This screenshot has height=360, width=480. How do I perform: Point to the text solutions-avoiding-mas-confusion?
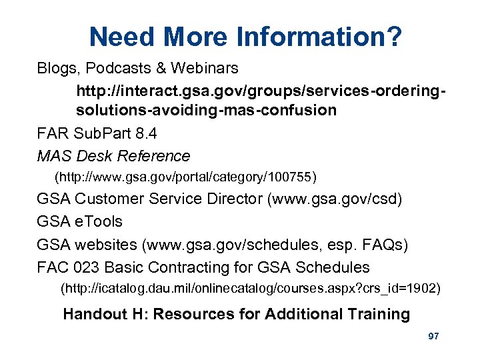207,110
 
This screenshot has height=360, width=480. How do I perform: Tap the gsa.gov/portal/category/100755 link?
186,177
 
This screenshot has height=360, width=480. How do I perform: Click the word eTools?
99,221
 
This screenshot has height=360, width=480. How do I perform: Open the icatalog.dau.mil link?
251,289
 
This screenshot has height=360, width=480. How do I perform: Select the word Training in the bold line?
379,314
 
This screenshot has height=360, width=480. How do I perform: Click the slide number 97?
433,337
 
